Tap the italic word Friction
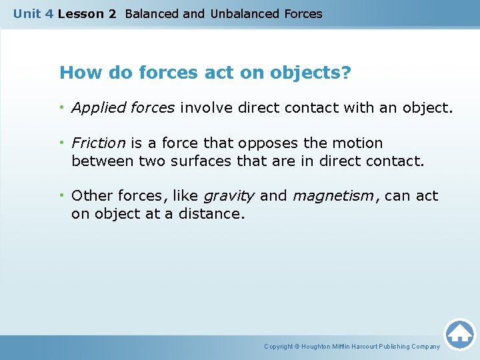point(98,143)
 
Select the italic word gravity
point(228,196)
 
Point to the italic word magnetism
point(333,196)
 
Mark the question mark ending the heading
point(345,72)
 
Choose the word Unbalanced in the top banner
point(242,13)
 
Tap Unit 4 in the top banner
point(33,13)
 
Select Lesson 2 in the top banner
point(87,13)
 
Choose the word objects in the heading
point(305,72)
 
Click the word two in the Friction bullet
point(153,161)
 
